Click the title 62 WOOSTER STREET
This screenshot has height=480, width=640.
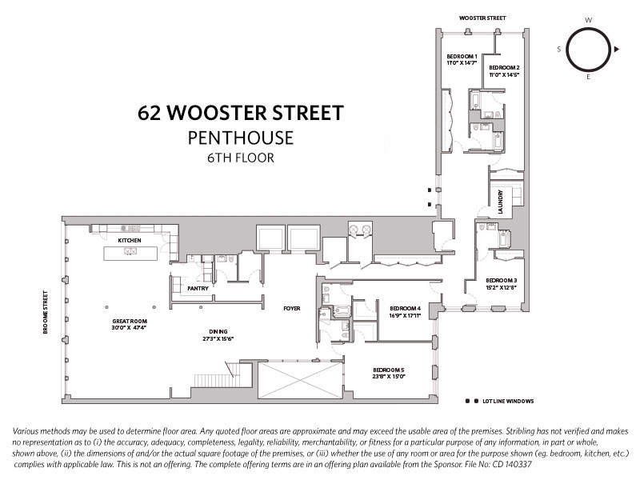tap(240, 112)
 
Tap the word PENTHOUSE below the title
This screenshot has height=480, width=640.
tap(240, 138)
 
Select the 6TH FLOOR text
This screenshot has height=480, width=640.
tap(240, 158)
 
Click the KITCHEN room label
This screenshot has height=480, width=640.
tap(130, 240)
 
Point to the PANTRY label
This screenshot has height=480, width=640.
tap(198, 288)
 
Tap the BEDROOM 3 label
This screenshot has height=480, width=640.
tap(502, 280)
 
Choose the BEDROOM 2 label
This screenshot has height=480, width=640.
tap(505, 67)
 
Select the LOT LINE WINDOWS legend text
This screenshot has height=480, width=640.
tap(507, 401)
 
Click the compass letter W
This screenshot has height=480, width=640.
tap(589, 19)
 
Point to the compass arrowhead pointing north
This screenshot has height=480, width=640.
tap(617, 50)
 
